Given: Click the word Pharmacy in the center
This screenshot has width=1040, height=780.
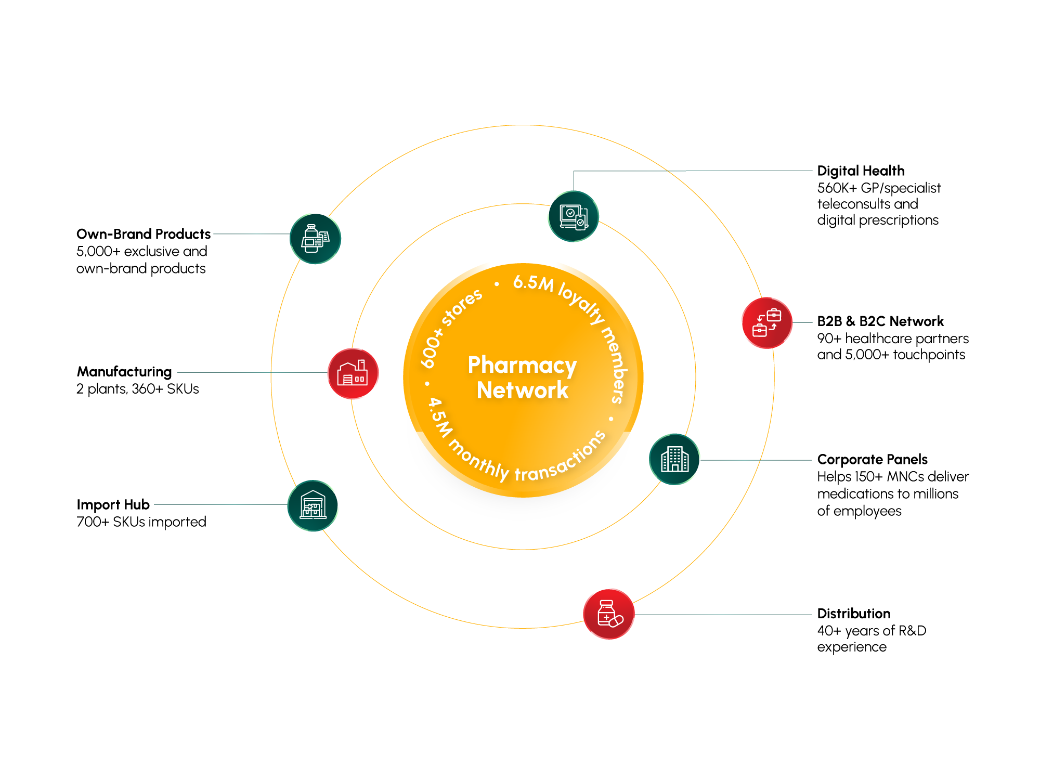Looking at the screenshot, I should pyautogui.click(x=522, y=366).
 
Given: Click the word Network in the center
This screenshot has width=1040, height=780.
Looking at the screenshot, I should pyautogui.click(x=523, y=391).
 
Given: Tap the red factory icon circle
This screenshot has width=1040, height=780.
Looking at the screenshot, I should pyautogui.click(x=353, y=373).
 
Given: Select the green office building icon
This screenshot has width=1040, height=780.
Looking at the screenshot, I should pyautogui.click(x=674, y=459).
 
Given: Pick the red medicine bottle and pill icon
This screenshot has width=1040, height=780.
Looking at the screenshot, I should pyautogui.click(x=609, y=614).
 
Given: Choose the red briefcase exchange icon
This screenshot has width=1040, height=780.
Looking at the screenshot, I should pyautogui.click(x=766, y=323).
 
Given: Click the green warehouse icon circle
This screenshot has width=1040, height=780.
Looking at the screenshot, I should pyautogui.click(x=313, y=505).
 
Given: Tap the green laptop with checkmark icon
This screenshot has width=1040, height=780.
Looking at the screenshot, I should pyautogui.click(x=574, y=216).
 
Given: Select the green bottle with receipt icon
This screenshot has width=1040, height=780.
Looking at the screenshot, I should pyautogui.click(x=315, y=239).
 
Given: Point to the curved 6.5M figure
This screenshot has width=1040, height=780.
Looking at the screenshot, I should pyautogui.click(x=533, y=283).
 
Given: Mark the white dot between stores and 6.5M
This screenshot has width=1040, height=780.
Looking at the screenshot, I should pyautogui.click(x=497, y=284).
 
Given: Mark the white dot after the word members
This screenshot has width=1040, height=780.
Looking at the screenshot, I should pyautogui.click(x=611, y=419).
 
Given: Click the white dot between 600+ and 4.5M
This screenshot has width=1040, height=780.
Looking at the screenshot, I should pyautogui.click(x=427, y=384).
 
